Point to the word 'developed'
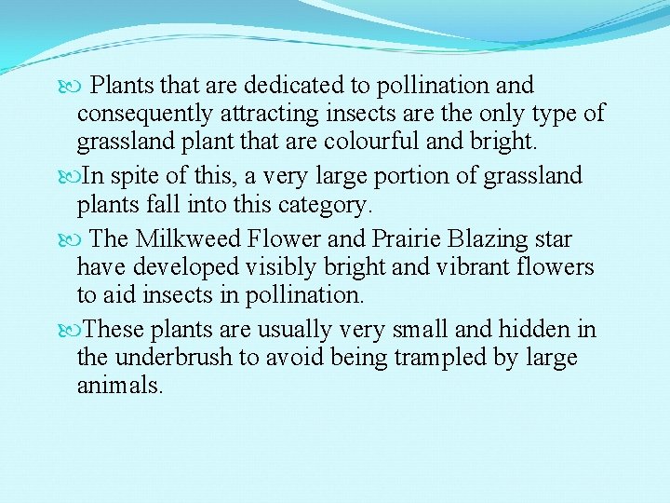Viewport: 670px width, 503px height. (x=186, y=267)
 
